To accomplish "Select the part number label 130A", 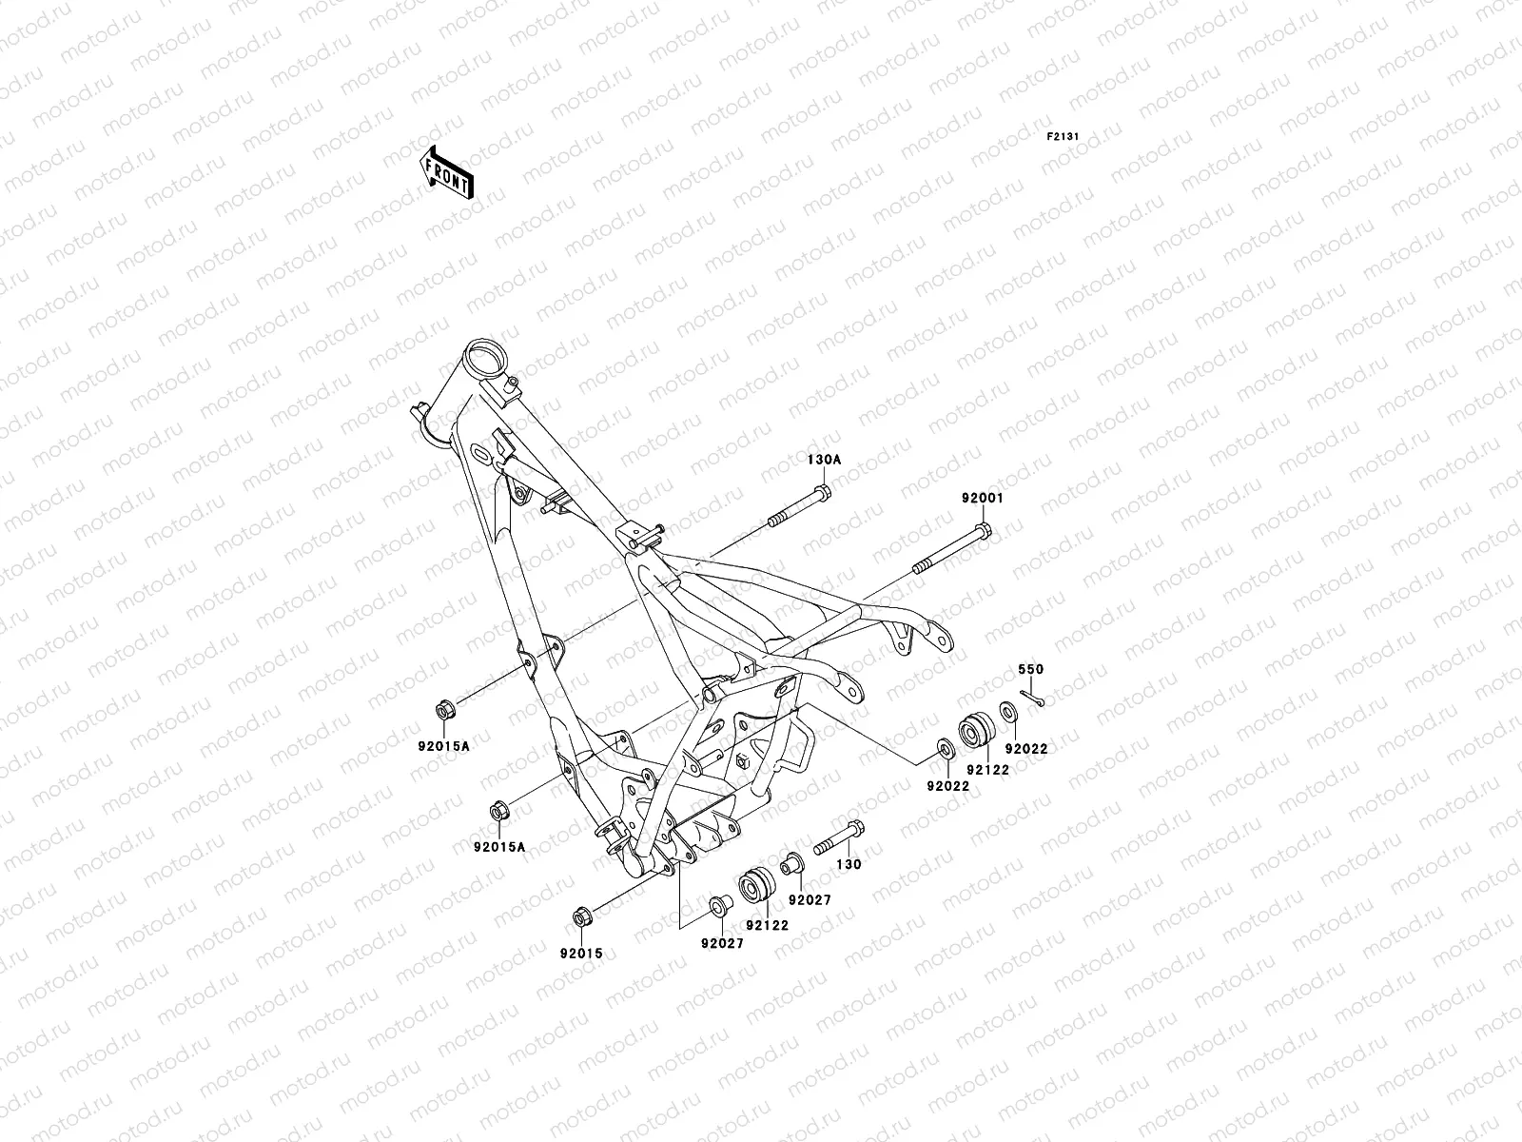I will pos(824,459).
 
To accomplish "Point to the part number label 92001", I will pos(981,498).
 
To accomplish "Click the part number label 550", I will pos(1031,670).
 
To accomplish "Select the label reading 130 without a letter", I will pos(849,865).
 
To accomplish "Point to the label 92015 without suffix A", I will pos(581,953).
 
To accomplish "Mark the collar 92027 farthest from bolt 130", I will pos(718,901).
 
